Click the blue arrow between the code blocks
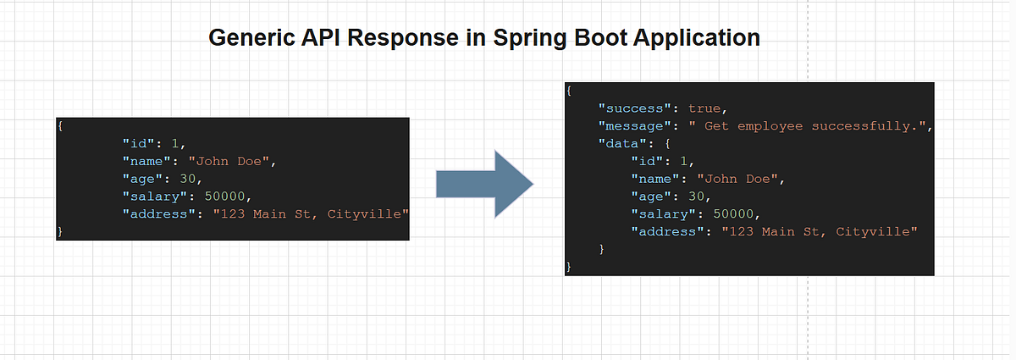[x=483, y=183]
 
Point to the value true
[x=706, y=108]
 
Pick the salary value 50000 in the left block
[x=228, y=195]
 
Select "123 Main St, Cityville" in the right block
[x=820, y=231]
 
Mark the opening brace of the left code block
[x=60, y=125]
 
